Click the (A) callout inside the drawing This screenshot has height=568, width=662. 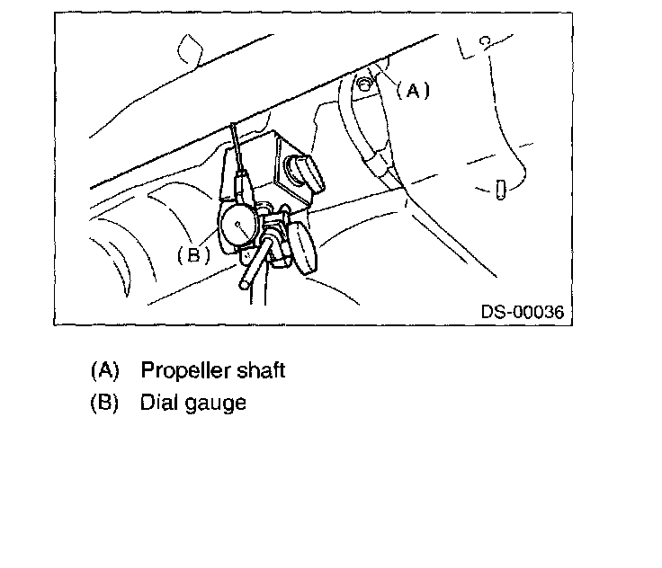(x=412, y=90)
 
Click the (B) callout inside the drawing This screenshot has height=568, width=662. (x=193, y=254)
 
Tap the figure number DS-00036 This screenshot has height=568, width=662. (x=522, y=312)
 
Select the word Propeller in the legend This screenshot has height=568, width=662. (x=181, y=370)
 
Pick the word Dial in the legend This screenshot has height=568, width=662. (x=157, y=403)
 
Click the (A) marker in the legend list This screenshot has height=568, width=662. (x=104, y=370)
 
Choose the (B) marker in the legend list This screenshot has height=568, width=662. (x=104, y=403)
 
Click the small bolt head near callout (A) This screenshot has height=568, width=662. (x=362, y=84)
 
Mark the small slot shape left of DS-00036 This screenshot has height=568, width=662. (x=500, y=191)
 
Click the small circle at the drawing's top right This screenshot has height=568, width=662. (x=484, y=41)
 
